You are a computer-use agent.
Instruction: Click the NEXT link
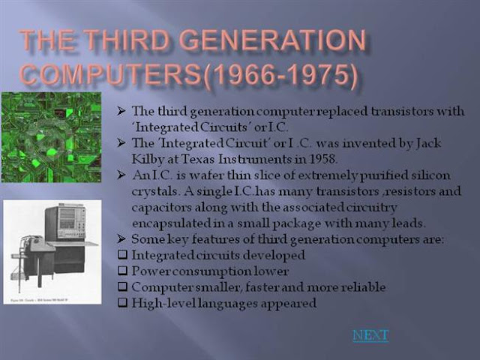pos(370,335)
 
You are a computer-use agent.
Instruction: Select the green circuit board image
pos(52,138)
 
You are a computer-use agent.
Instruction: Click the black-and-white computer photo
pos(52,252)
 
